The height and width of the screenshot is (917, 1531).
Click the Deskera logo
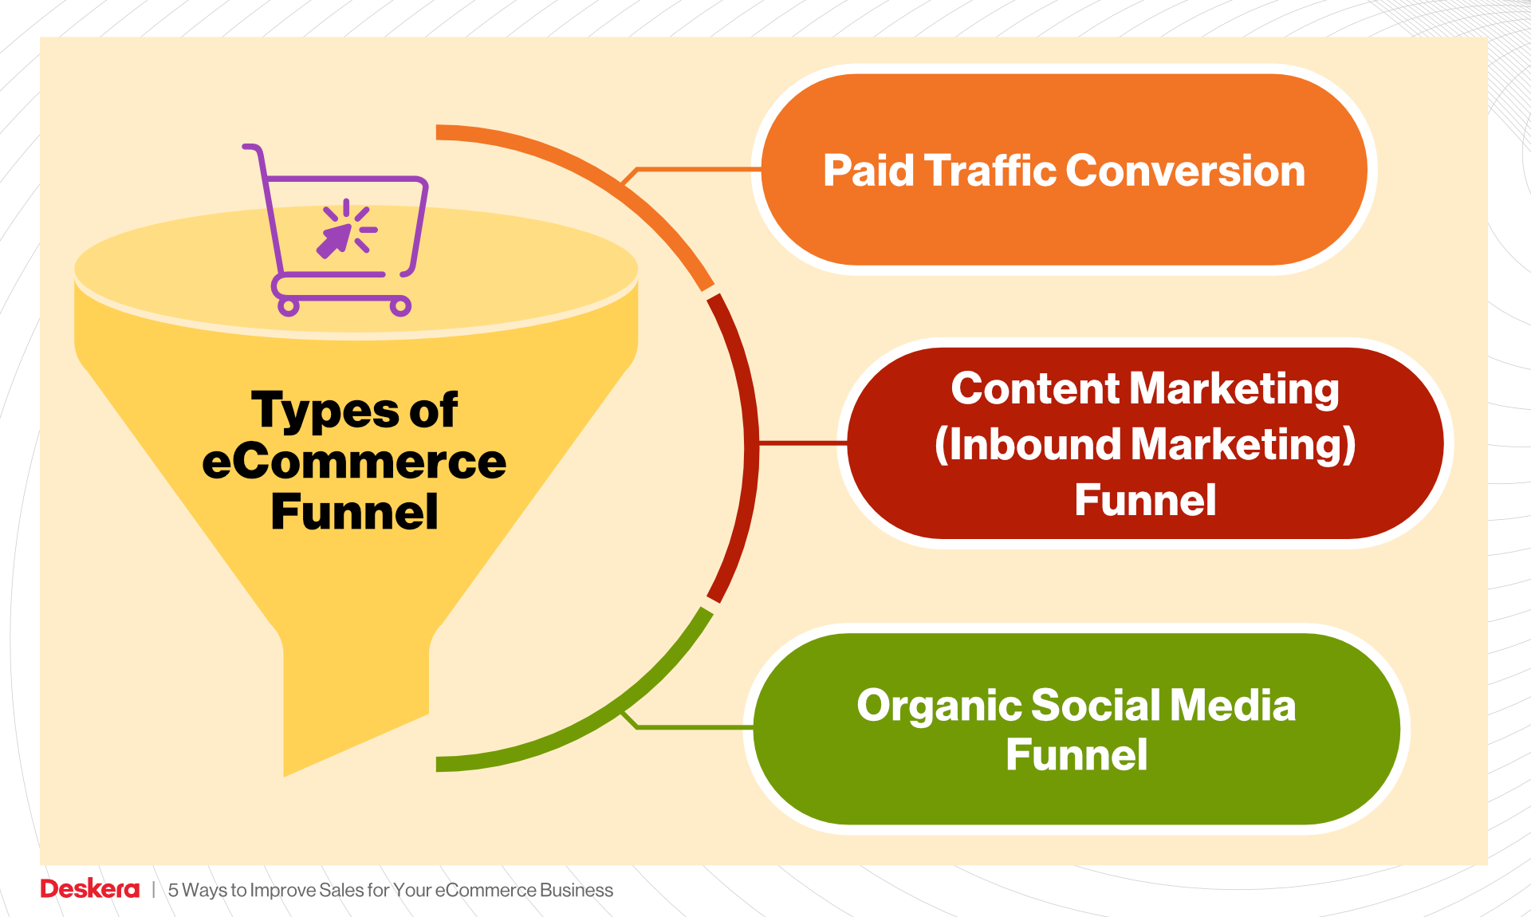89,889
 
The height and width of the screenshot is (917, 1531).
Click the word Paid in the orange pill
868,171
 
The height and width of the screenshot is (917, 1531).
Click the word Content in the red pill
1035,389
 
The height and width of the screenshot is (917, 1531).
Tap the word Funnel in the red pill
1145,501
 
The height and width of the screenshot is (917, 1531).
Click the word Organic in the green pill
939,706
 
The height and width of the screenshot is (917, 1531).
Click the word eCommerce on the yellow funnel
354,462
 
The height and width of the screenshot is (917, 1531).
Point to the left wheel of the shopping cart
289,307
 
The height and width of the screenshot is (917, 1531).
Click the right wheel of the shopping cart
400,306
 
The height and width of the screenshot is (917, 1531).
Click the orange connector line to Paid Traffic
694,169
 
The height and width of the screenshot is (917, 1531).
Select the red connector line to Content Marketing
801,442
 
